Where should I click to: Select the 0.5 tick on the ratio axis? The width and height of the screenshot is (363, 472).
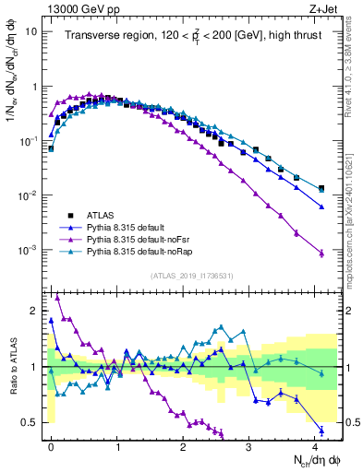(x=30, y=422)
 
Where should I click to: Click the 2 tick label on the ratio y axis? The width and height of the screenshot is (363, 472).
(x=35, y=308)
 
